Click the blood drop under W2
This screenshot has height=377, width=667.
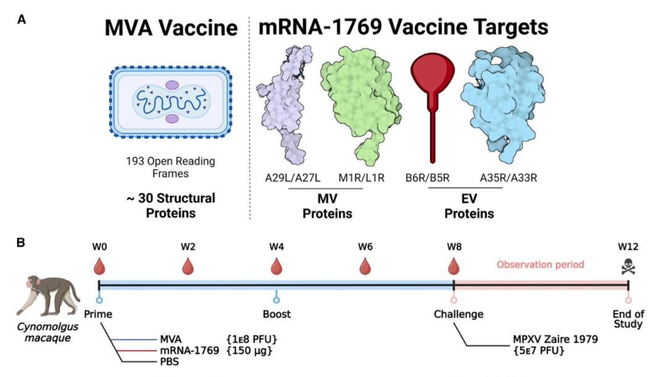tap(188, 266)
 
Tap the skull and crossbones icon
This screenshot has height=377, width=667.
tap(628, 266)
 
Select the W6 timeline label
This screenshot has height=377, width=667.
tap(366, 247)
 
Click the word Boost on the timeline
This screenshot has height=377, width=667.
tap(277, 314)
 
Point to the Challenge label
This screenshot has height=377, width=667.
tap(458, 315)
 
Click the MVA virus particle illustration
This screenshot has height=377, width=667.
tap(170, 102)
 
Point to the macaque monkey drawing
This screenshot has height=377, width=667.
tap(48, 296)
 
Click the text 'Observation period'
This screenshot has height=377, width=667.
tap(540, 265)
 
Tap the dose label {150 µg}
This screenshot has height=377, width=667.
tap(250, 350)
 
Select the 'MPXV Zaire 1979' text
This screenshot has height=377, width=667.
tap(555, 339)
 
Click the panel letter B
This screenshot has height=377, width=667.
tap(20, 242)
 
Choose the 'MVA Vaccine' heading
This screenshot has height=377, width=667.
tap(171, 28)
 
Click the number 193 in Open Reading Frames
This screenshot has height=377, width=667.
tap(135, 161)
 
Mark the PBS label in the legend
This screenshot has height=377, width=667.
tap(169, 362)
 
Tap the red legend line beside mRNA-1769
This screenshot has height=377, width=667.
tap(136, 351)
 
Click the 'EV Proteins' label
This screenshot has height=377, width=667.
tap(469, 206)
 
